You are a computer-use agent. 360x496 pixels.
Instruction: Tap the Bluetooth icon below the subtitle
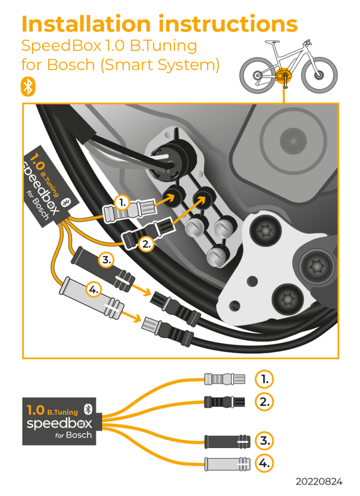point(28,87)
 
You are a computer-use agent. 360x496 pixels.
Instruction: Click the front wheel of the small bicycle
point(320,76)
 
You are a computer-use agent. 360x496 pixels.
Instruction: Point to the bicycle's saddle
point(272,42)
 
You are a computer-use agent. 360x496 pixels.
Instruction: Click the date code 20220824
point(319,482)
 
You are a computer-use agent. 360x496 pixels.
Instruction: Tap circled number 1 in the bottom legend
point(264,379)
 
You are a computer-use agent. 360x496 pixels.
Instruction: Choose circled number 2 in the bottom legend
point(264,402)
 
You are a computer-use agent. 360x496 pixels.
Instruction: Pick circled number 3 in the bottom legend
point(264,441)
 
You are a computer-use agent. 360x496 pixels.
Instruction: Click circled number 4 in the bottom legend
point(264,464)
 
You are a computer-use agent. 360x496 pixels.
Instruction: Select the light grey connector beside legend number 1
point(224,378)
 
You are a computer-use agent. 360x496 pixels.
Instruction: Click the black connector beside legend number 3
point(227,441)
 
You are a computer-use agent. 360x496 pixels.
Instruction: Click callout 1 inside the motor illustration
point(122,203)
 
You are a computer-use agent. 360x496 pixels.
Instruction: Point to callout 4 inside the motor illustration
point(94,290)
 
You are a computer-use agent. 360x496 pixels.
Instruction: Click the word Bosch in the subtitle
point(71,65)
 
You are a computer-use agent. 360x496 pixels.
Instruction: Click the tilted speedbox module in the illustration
point(50,187)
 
